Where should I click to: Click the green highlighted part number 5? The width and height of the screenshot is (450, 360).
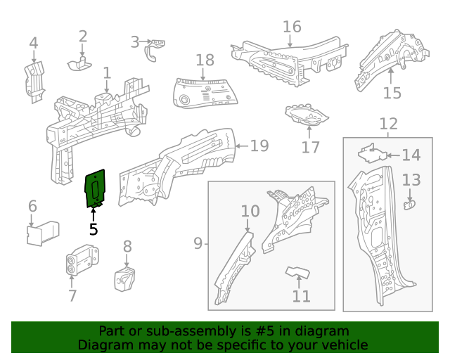coord(95,188)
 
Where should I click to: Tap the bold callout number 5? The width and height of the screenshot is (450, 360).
coord(94,229)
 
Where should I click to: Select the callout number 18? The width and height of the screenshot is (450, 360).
coord(205,60)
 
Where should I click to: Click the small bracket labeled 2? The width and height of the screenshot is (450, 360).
coord(80,64)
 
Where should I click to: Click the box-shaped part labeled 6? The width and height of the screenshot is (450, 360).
coord(44,233)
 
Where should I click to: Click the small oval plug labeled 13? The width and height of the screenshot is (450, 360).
coord(411,205)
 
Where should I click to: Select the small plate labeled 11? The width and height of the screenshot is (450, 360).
coord(299,273)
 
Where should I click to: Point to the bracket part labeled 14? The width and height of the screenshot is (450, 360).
coord(371,153)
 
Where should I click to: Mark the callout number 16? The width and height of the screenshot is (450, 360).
coord(292,27)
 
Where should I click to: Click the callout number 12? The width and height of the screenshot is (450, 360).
coord(388,124)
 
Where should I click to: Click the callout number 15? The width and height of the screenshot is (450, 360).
coord(392,93)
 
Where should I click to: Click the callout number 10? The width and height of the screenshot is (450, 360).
coord(250,211)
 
